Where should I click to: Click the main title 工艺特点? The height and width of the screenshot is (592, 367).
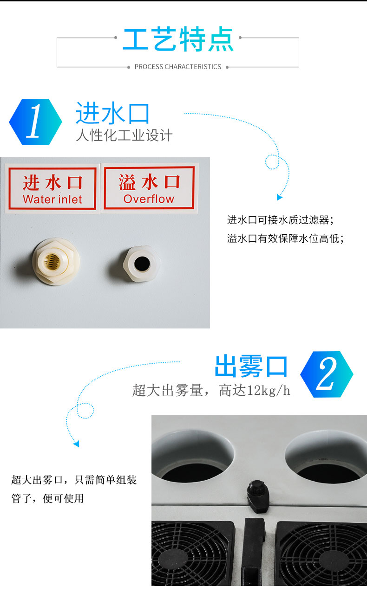coord(178,39)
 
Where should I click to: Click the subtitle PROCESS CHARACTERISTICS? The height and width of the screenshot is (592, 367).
coord(178,67)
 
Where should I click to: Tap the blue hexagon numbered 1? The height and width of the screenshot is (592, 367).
coord(35,122)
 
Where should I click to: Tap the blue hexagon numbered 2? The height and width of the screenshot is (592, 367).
coord(327,374)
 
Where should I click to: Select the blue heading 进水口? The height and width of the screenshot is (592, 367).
coord(113,113)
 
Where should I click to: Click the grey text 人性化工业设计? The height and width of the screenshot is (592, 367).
coord(124,135)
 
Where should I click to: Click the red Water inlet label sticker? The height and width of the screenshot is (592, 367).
coord(52,189)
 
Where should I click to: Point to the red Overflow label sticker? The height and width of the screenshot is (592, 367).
coord(149,187)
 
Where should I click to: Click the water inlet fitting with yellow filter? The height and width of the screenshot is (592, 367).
coord(56,262)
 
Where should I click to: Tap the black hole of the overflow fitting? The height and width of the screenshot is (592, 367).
coord(142,264)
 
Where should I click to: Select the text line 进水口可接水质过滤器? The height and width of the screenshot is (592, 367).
coord(281,220)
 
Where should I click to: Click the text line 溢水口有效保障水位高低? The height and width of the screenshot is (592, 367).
coord(285,238)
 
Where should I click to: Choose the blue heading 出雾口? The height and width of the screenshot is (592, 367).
coord(251,367)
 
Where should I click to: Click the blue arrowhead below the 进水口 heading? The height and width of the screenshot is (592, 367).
coord(279,197)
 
